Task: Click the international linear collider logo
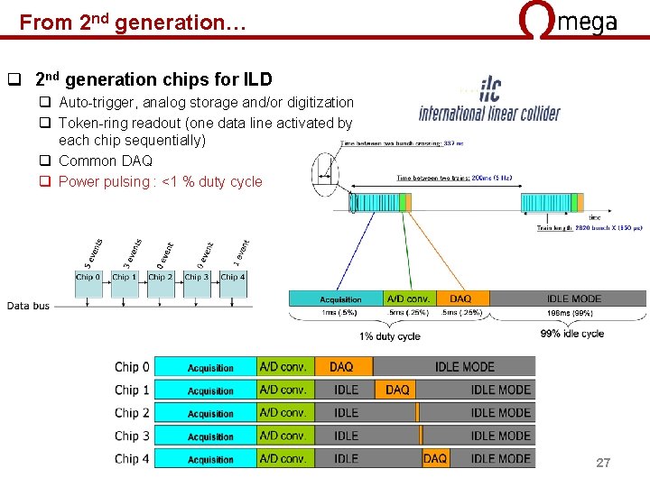click(489, 101)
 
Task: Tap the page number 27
click(603, 463)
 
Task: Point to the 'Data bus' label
click(28, 306)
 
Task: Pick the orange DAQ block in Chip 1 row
click(397, 390)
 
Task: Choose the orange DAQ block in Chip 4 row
click(435, 458)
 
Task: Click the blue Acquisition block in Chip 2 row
click(210, 413)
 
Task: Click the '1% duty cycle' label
click(390, 336)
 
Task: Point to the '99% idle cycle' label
click(571, 334)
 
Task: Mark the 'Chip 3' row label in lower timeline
click(133, 436)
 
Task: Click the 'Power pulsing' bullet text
click(160, 181)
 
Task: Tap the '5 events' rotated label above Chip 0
click(90, 251)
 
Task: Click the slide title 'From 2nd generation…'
click(133, 22)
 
